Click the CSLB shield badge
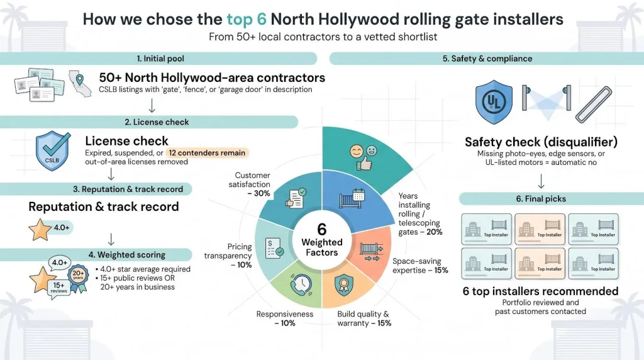53,151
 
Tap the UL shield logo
494,102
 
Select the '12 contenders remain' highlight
207,153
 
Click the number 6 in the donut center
321,229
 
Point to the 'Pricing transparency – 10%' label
228,256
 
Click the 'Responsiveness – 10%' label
285,318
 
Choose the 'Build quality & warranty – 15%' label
364,318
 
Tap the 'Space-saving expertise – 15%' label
419,266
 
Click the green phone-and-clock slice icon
301,284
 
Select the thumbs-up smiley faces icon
364,157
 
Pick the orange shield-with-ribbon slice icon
344,285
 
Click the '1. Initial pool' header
160,59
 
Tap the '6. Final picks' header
541,199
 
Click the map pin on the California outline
80,79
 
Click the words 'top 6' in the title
247,20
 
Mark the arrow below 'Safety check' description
541,181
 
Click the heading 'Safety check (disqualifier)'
541,142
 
